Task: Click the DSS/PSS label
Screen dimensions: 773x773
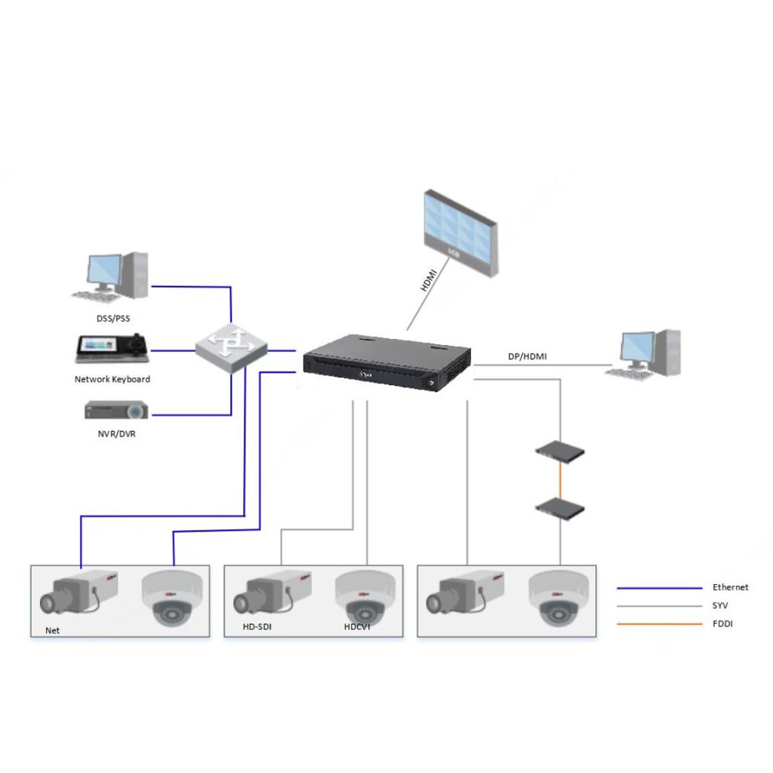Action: (x=112, y=319)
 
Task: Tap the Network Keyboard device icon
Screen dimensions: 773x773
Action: (x=112, y=348)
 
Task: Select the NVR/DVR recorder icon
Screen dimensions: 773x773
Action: (x=115, y=411)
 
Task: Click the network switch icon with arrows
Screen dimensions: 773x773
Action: (x=231, y=348)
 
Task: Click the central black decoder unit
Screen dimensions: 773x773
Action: (x=386, y=363)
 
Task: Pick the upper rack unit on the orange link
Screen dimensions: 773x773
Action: (x=560, y=452)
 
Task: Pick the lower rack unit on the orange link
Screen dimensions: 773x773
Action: (x=560, y=506)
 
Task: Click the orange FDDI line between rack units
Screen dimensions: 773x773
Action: (x=560, y=479)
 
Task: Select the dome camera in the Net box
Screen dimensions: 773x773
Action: (x=174, y=598)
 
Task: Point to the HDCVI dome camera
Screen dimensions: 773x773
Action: (x=365, y=598)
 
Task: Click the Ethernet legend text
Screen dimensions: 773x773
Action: (x=730, y=587)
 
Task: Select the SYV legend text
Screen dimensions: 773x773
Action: (x=721, y=605)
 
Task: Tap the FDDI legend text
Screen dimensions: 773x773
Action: (x=722, y=624)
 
